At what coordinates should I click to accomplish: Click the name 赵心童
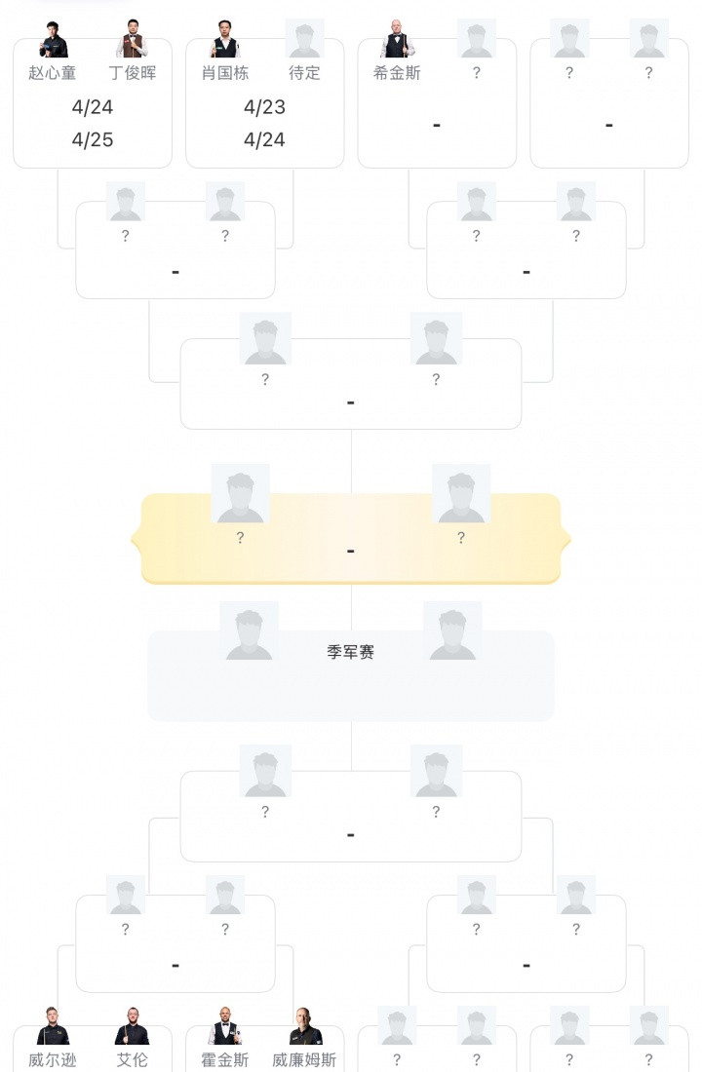tap(53, 73)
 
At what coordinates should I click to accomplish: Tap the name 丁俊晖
tap(133, 73)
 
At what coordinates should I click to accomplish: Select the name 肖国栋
tap(225, 73)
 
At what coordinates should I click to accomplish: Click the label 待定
tap(304, 73)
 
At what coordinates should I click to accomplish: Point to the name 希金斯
tap(397, 73)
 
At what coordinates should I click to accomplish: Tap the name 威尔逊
tap(53, 1059)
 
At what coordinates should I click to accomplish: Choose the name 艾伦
tap(133, 1059)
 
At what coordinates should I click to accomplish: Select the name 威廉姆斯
tap(304, 1059)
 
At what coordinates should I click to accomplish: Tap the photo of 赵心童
tap(54, 39)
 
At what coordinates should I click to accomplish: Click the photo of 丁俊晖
tap(133, 39)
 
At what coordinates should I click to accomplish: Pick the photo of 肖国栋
tap(225, 39)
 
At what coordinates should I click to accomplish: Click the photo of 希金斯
tap(397, 39)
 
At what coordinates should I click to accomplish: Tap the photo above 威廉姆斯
tap(305, 1026)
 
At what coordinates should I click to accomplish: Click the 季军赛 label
tap(351, 652)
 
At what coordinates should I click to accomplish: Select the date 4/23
tap(264, 107)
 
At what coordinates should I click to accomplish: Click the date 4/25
tap(93, 139)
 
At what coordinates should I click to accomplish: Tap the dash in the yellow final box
tap(351, 552)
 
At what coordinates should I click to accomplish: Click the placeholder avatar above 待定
tap(304, 39)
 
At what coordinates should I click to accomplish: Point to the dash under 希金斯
tap(436, 125)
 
